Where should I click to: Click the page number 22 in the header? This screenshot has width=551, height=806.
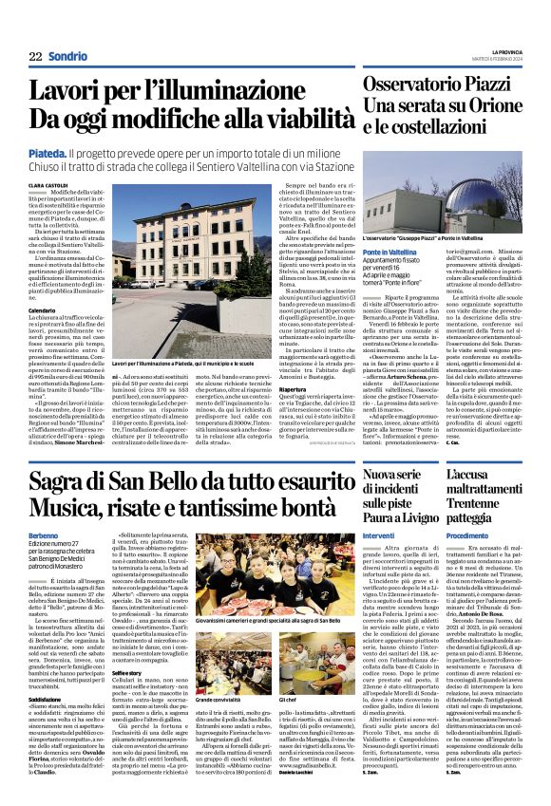click(34, 57)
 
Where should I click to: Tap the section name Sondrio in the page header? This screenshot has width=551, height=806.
click(68, 57)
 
